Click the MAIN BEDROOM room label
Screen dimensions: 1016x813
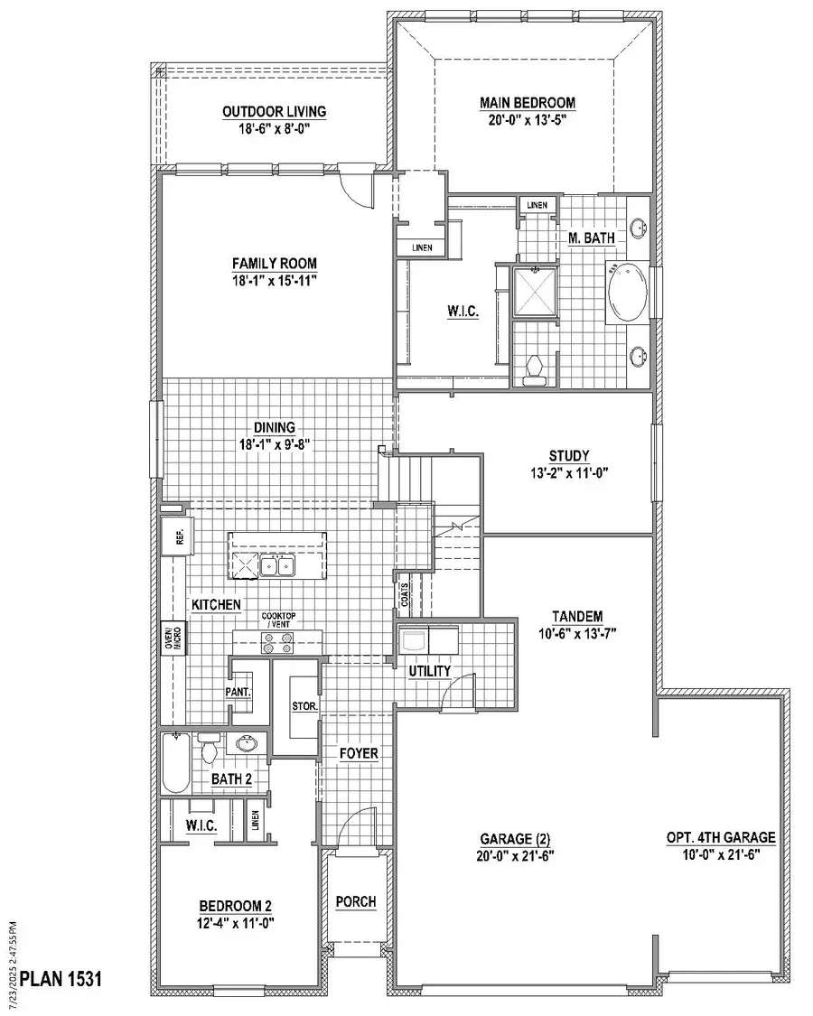(528, 103)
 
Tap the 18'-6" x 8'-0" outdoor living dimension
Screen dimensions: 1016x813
(275, 127)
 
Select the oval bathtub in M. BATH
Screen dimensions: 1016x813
(625, 293)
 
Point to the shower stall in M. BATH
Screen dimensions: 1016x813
(534, 291)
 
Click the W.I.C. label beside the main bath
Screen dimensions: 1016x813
(462, 312)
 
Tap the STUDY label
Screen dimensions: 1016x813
(569, 455)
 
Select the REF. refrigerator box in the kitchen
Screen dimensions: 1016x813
(174, 536)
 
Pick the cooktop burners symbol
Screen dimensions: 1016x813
(278, 643)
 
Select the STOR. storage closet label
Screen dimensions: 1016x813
(303, 706)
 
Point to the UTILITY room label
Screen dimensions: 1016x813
(429, 672)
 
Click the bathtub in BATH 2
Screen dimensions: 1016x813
(175, 764)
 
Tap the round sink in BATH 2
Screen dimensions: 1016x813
(246, 745)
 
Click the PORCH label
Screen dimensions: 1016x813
(355, 902)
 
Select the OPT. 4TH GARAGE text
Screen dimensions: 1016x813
(720, 837)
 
